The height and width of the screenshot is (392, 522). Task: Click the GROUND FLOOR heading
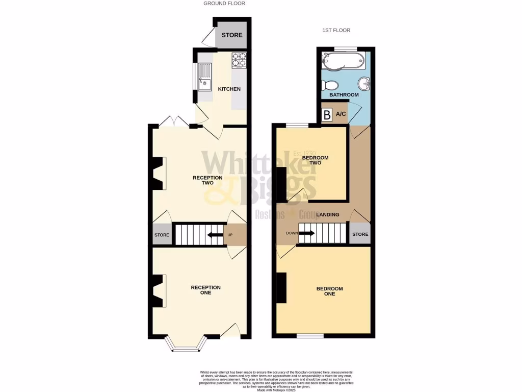[224, 4]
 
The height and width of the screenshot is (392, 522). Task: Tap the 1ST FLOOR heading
[336, 31]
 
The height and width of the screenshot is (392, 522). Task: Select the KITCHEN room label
[229, 89]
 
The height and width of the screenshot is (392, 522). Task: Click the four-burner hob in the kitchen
[239, 61]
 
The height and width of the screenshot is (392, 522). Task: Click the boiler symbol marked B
[326, 115]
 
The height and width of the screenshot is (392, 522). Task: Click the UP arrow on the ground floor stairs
[215, 235]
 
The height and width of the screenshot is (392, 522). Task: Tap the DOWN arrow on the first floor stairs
[306, 234]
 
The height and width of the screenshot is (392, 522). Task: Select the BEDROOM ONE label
[329, 291]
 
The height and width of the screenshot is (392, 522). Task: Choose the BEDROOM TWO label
[315, 160]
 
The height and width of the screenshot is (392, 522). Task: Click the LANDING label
[327, 215]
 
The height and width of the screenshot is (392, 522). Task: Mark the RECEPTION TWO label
[207, 180]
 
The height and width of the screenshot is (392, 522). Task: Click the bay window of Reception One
[186, 347]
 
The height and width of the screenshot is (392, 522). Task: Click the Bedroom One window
[310, 336]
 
